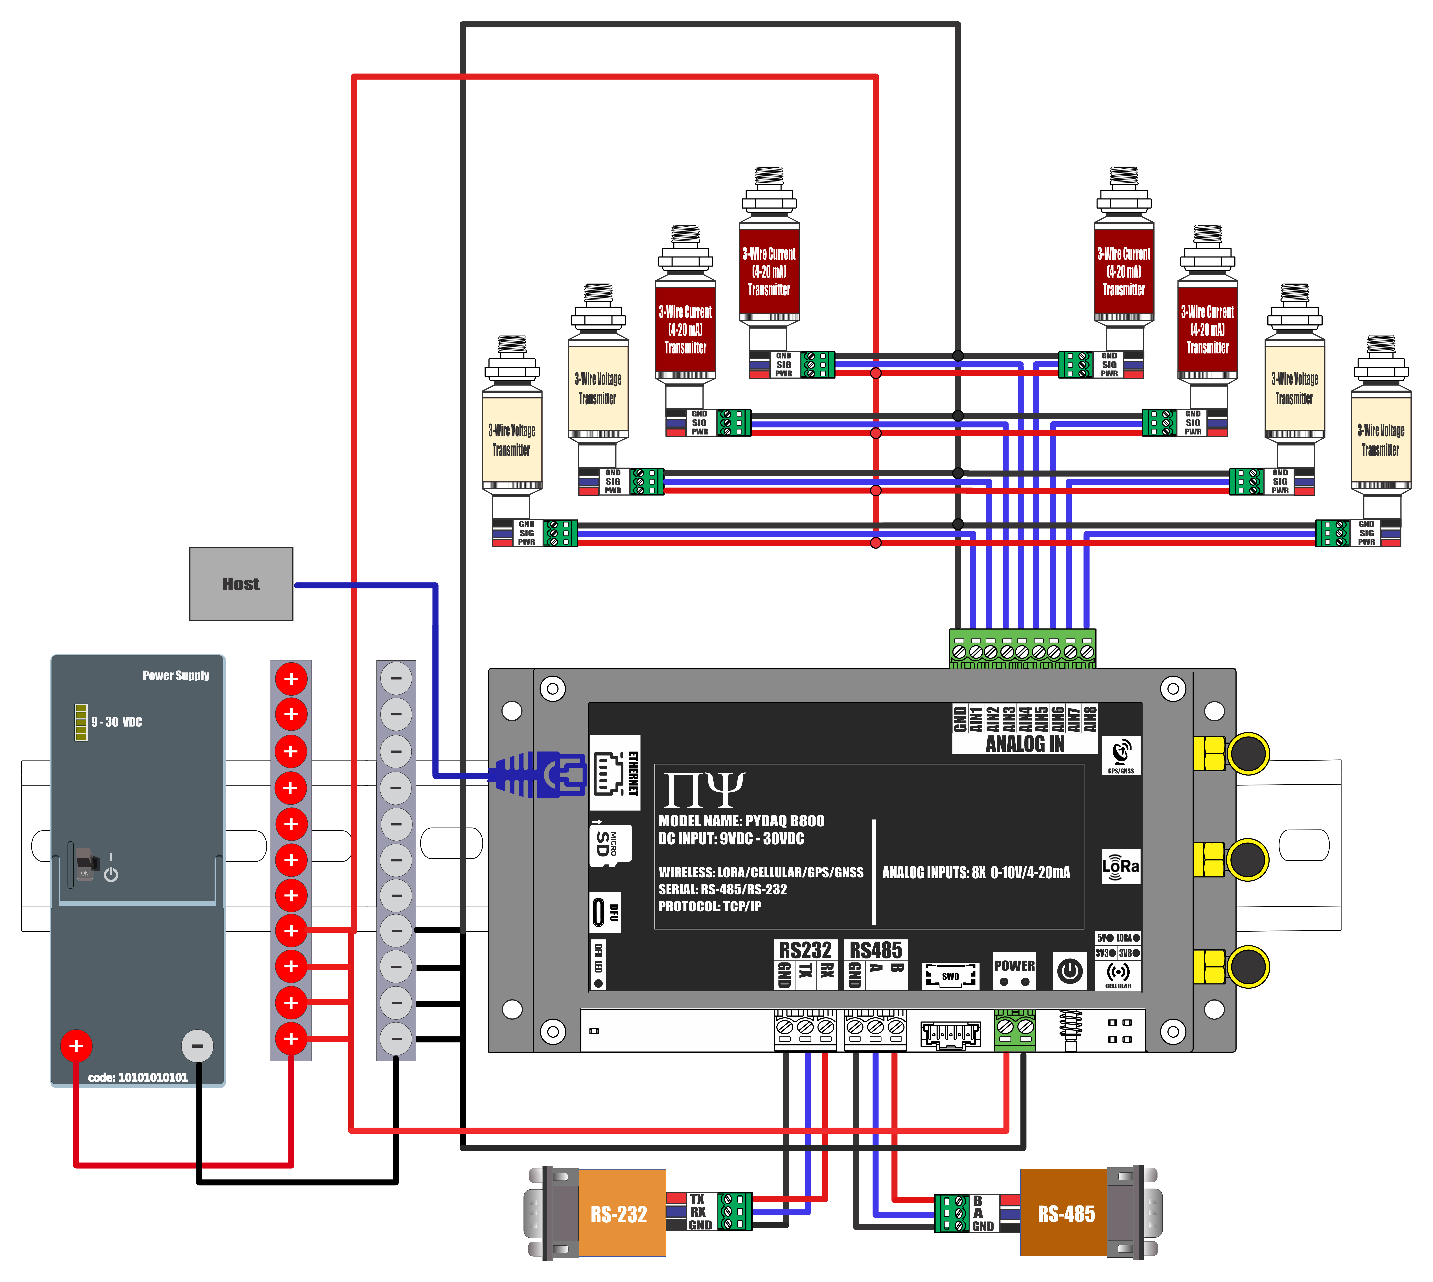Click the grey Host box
tap(241, 584)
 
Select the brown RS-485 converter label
tap(1065, 1214)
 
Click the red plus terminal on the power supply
tap(76, 1046)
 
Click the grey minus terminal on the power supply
tap(197, 1046)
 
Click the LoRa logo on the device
tap(1120, 866)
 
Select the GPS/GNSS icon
tap(1120, 755)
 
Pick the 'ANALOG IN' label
tap(1025, 744)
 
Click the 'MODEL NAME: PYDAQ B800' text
tap(741, 821)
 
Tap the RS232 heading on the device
tap(805, 950)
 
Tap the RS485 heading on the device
tap(875, 950)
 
